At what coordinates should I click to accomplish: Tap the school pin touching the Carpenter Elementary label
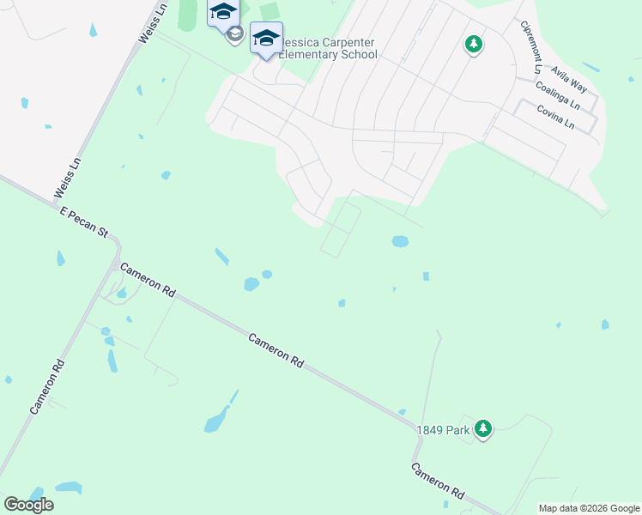(x=266, y=39)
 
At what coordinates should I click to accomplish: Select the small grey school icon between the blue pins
(x=233, y=34)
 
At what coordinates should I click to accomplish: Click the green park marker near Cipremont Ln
(x=473, y=44)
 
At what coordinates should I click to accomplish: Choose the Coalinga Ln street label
(x=557, y=96)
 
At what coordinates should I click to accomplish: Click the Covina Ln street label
(x=555, y=117)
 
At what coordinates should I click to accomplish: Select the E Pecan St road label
(x=83, y=221)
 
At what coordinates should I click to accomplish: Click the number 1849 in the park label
(x=430, y=430)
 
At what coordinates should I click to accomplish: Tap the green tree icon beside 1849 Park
(x=483, y=427)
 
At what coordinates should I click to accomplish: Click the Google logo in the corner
(x=28, y=505)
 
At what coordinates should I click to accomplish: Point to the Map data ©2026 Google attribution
(x=590, y=508)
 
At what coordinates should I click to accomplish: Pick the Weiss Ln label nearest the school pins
(x=149, y=24)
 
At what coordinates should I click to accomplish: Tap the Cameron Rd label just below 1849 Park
(x=438, y=482)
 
